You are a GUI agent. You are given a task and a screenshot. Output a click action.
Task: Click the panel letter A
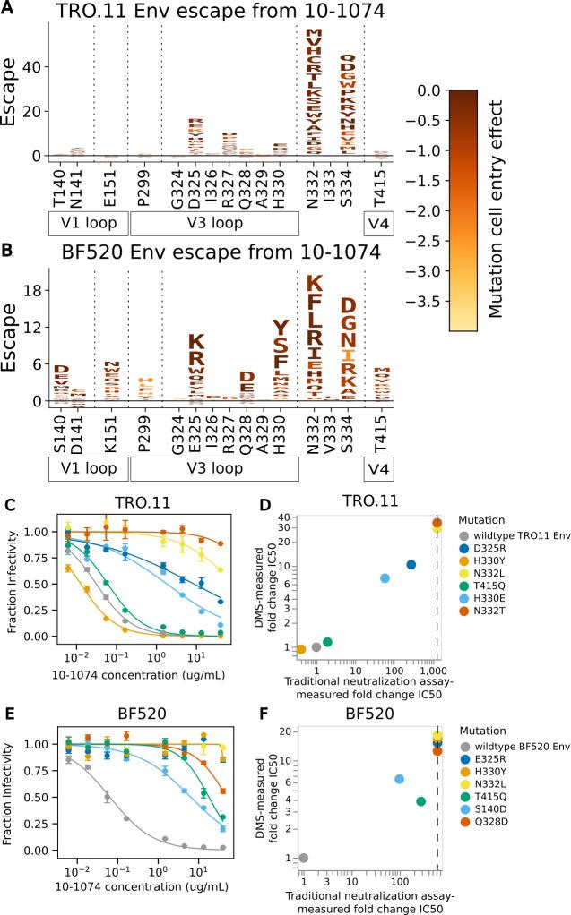coord(7,9)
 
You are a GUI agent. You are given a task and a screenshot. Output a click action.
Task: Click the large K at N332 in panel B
coord(313,284)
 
